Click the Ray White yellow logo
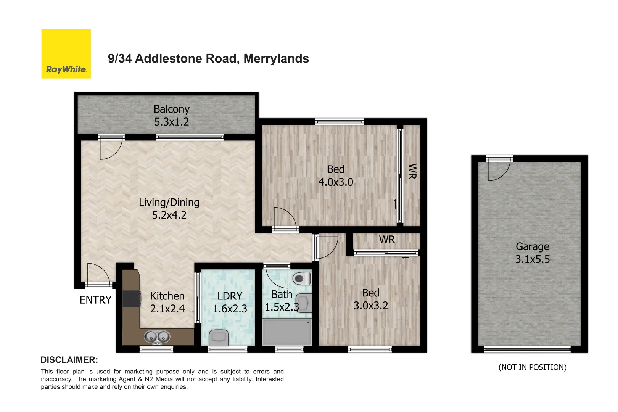click(x=66, y=54)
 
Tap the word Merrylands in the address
click(x=276, y=58)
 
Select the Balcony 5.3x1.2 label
click(x=172, y=115)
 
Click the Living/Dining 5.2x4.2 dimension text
click(x=169, y=215)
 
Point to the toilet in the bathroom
click(x=302, y=278)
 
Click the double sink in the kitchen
click(x=157, y=336)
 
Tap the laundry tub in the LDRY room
click(x=219, y=337)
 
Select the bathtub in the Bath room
click(x=287, y=332)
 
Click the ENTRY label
click(x=95, y=300)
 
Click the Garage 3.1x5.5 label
click(x=533, y=253)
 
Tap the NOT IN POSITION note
click(x=533, y=367)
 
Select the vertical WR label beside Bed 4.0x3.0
click(x=412, y=171)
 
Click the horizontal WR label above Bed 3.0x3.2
click(x=387, y=240)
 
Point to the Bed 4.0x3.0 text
click(x=336, y=175)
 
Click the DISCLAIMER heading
click(x=69, y=360)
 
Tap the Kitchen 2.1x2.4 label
click(x=167, y=302)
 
